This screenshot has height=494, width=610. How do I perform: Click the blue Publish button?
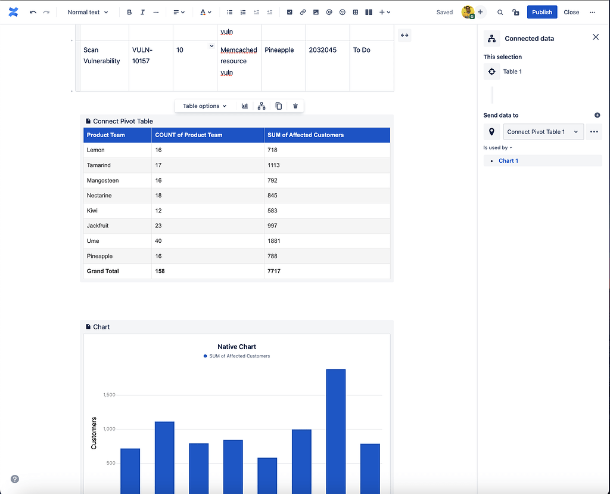(541, 12)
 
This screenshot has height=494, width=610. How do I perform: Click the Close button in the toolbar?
(571, 12)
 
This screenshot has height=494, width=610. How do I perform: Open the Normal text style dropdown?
(88, 12)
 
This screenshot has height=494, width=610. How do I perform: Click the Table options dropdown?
(204, 106)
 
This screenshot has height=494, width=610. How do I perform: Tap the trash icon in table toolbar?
(295, 106)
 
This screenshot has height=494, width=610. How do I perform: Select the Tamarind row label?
(99, 165)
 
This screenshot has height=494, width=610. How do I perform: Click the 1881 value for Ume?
(274, 241)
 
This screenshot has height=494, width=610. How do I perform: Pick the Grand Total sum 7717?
(274, 271)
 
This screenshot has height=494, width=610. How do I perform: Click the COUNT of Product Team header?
(188, 135)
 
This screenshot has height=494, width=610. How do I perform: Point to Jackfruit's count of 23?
(158, 226)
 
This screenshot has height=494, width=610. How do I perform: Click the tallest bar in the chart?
(335, 430)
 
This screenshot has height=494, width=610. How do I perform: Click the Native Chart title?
(236, 347)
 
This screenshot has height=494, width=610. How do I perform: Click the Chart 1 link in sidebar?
(508, 161)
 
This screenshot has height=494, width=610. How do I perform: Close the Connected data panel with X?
(595, 38)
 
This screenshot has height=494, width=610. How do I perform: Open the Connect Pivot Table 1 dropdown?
(543, 132)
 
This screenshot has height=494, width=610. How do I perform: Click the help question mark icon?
(15, 479)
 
